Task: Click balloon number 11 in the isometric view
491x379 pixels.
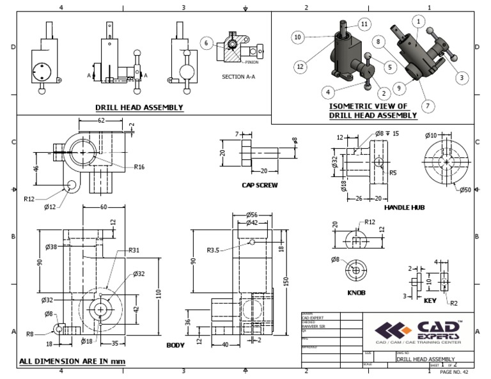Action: [364, 24]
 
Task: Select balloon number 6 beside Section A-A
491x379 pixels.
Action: [206, 43]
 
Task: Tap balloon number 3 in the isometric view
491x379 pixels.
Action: [460, 77]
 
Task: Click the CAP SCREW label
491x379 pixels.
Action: [258, 187]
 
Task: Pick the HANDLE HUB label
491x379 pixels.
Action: [405, 208]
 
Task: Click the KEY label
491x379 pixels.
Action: [433, 300]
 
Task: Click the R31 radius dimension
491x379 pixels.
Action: [134, 251]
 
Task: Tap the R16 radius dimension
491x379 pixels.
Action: [141, 167]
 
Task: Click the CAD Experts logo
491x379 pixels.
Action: [419, 330]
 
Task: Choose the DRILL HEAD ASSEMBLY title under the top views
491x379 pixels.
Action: [139, 107]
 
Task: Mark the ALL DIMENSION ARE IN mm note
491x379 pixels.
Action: [72, 361]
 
